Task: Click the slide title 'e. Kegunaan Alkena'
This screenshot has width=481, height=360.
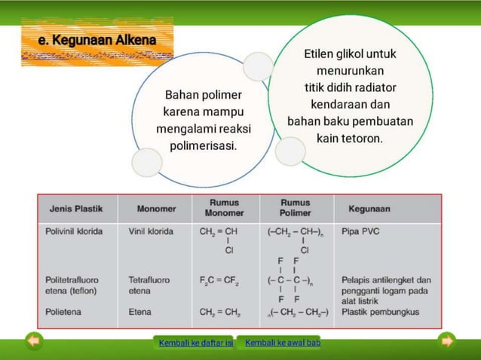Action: click(x=97, y=40)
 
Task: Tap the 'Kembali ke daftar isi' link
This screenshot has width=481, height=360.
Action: click(x=195, y=343)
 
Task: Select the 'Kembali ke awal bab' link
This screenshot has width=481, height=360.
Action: click(x=283, y=343)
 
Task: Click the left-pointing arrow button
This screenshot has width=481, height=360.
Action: click(x=34, y=341)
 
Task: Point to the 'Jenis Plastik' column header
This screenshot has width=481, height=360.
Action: click(x=76, y=209)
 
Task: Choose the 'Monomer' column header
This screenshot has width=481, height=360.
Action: click(x=156, y=209)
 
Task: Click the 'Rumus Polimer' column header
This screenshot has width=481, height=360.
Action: click(x=295, y=208)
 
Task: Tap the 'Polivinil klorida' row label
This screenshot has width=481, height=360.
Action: click(x=74, y=231)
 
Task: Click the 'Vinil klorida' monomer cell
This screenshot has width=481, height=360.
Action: click(x=151, y=231)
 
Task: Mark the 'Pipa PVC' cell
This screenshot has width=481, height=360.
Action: click(x=361, y=231)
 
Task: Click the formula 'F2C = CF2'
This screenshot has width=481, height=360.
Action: click(x=219, y=281)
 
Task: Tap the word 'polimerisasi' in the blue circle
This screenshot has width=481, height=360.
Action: click(x=202, y=145)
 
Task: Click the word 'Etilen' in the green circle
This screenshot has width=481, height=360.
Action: click(x=320, y=54)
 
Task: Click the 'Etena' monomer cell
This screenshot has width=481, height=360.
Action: click(x=139, y=311)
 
